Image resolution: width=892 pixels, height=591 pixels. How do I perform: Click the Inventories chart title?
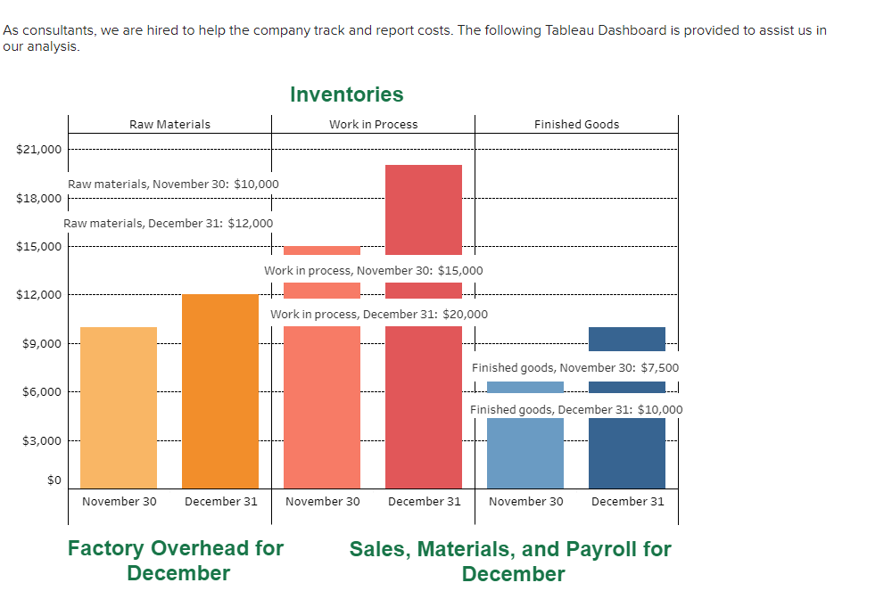click(x=346, y=94)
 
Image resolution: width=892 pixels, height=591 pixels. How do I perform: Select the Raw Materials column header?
click(x=169, y=125)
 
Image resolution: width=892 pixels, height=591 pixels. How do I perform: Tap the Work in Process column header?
click(x=373, y=125)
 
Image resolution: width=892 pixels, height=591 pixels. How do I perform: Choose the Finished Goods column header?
click(x=576, y=125)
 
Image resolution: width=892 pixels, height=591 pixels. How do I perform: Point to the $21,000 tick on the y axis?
click(x=39, y=149)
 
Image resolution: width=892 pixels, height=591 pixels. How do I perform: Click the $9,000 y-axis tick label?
click(x=42, y=343)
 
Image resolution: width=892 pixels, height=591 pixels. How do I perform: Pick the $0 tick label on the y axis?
click(x=54, y=480)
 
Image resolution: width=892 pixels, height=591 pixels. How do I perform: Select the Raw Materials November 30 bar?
click(x=119, y=410)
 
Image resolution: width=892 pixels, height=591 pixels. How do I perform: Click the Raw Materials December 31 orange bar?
click(x=220, y=392)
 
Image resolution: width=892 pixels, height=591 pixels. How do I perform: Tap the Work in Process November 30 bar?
click(x=322, y=401)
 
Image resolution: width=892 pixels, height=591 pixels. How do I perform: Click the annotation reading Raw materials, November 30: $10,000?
click(x=173, y=185)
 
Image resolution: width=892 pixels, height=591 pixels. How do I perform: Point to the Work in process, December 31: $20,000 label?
click(x=379, y=315)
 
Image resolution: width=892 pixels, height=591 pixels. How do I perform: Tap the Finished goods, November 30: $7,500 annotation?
click(x=575, y=368)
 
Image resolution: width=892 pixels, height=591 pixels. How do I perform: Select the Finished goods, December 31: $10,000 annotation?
click(x=576, y=410)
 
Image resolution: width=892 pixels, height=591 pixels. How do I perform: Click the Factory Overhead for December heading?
click(x=176, y=561)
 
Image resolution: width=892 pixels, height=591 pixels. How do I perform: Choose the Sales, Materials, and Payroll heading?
click(x=510, y=561)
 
